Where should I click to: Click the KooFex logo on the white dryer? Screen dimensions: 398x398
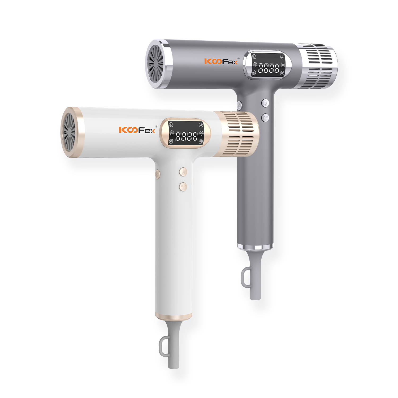tap(137, 130)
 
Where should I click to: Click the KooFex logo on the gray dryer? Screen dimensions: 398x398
tap(221, 62)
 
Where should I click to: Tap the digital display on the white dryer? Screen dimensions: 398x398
tap(186, 133)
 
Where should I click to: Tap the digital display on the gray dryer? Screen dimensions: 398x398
tap(268, 65)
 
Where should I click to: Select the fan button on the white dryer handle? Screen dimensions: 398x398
tap(183, 187)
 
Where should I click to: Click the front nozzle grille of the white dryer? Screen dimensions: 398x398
tap(69, 132)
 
